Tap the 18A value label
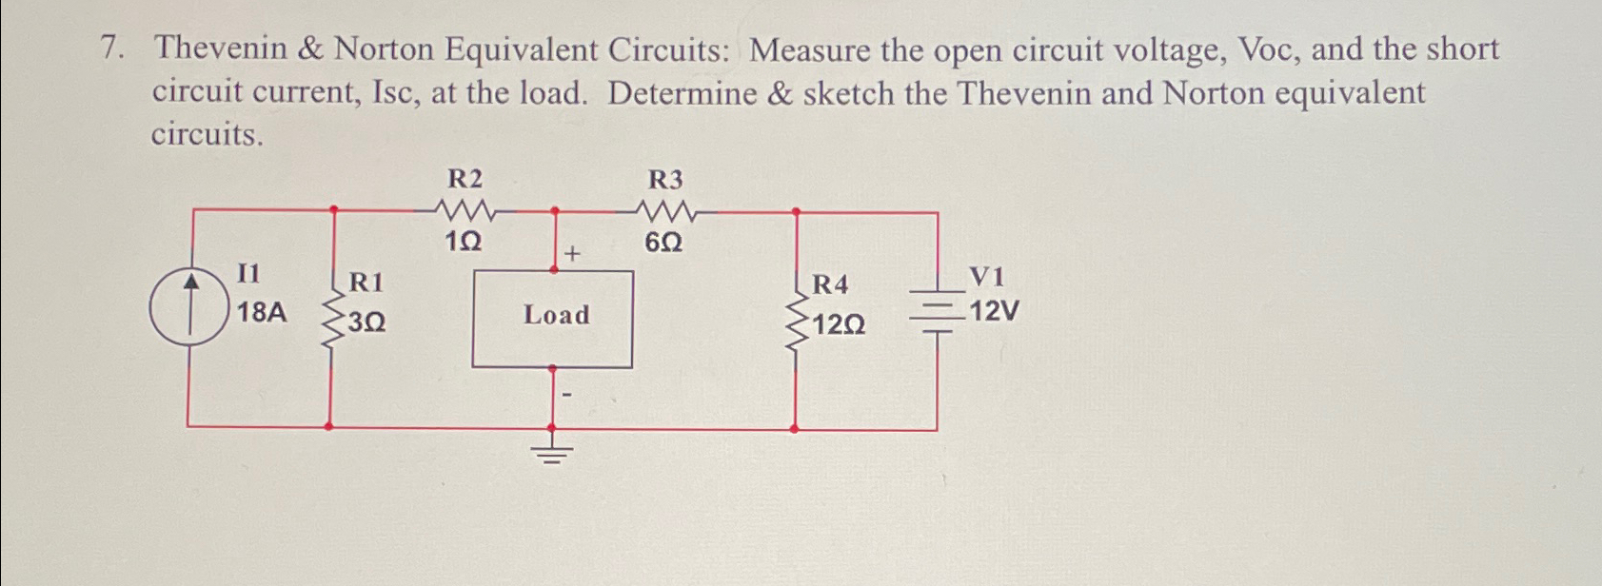tap(261, 312)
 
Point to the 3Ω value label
tap(366, 322)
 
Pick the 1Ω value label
tap(464, 244)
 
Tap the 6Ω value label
tap(663, 244)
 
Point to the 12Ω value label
tap(839, 326)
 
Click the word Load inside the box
tap(556, 315)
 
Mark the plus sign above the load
tap(572, 254)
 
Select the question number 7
tap(111, 50)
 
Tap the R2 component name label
tap(465, 179)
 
